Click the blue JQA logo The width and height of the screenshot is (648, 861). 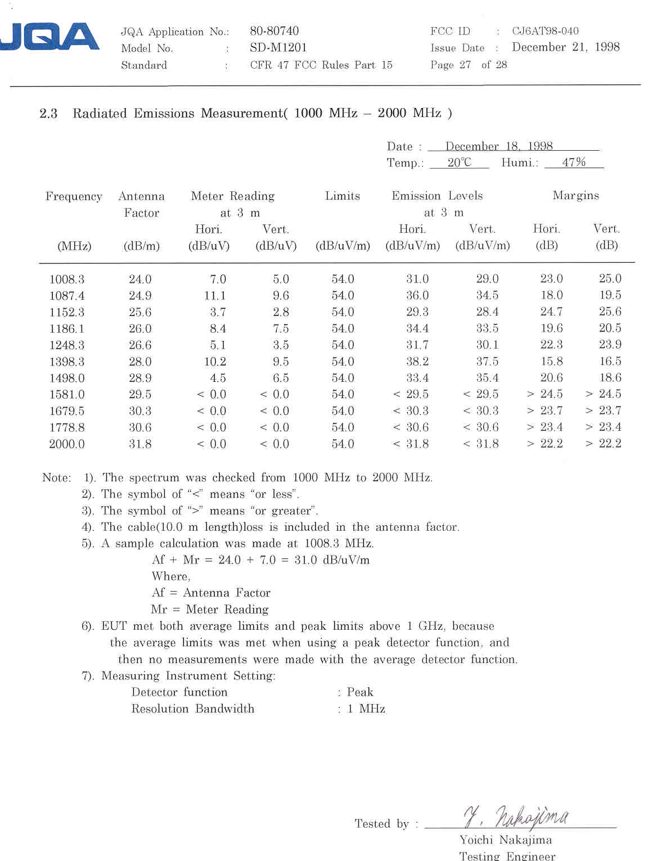[51, 38]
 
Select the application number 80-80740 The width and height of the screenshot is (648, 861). [274, 31]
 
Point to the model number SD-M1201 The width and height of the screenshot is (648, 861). [278, 48]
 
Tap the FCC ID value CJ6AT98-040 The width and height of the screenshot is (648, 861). [544, 31]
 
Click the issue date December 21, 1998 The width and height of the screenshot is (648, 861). [565, 47]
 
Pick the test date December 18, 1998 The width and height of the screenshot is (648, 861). [499, 146]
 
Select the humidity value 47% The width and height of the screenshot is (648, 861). [574, 163]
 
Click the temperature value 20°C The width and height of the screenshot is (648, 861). [459, 163]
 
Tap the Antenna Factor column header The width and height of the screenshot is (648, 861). [141, 204]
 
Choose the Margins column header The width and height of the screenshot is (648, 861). [575, 195]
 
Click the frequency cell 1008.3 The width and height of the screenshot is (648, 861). [66, 280]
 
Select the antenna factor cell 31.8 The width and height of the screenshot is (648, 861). [140, 444]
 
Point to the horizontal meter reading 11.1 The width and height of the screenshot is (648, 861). [215, 296]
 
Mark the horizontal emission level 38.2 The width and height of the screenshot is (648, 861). [417, 362]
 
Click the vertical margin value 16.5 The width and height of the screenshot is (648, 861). [610, 361]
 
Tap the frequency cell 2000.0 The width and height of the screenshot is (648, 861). [66, 444]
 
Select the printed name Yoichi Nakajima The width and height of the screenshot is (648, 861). [505, 840]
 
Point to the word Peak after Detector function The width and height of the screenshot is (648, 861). [360, 692]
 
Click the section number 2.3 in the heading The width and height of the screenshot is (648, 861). [48, 114]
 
